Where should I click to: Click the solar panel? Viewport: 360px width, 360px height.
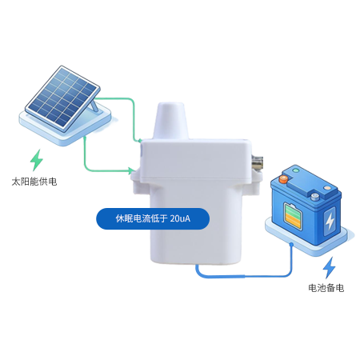pos(63,98)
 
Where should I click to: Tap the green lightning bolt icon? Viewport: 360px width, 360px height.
pos(37,160)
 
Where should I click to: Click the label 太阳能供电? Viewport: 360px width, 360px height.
pos(34,182)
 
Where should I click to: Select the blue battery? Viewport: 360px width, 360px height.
pos(306,205)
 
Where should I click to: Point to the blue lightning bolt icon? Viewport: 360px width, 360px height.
pos(329,268)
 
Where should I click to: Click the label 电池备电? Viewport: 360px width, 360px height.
pos(326,288)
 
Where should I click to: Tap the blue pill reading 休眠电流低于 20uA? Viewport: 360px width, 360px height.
pos(153,218)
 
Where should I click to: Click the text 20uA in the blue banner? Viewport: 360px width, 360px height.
pos(180,218)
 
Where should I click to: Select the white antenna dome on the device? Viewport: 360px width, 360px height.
pos(171,121)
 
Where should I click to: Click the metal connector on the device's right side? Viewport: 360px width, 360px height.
pos(257,162)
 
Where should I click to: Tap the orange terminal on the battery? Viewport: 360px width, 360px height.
pos(283,179)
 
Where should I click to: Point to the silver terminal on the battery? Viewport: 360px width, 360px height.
pos(315,197)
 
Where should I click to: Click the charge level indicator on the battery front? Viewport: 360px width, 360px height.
pos(293,217)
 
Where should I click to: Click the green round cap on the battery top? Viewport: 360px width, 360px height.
pos(295,170)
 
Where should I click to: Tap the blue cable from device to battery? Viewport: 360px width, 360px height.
pos(245,276)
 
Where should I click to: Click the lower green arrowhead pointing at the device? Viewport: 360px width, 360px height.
pos(131,170)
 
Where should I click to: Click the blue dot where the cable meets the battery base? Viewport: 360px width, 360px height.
pos(291,244)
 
